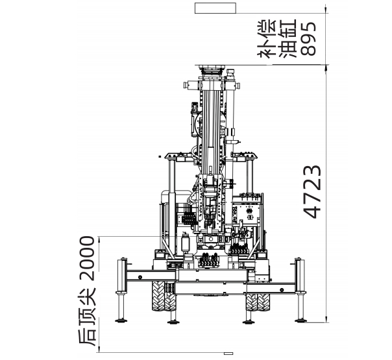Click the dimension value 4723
click(x=312, y=191)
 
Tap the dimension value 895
click(x=308, y=38)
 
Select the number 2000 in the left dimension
click(x=87, y=258)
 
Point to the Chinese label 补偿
click(x=267, y=38)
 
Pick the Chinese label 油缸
click(x=288, y=38)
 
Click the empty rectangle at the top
click(x=215, y=8)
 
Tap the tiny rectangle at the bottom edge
click(x=228, y=354)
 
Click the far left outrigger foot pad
click(x=121, y=320)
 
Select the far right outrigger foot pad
click(x=300, y=320)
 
